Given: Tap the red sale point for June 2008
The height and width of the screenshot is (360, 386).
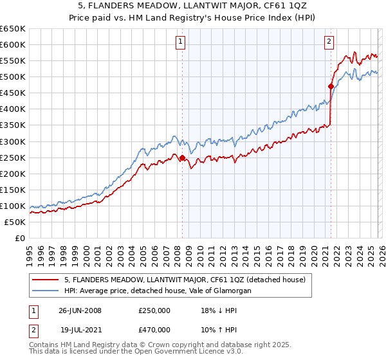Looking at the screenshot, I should [x=182, y=157].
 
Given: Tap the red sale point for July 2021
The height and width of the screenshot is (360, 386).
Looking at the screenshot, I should [x=331, y=86].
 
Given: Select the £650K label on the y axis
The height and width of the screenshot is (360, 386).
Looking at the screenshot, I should [x=14, y=29].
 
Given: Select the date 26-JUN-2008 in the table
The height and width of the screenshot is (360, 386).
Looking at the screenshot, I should [x=80, y=310].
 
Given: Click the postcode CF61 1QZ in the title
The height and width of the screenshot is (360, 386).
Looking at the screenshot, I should [x=248, y=7].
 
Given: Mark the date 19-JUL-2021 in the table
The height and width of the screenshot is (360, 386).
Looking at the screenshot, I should [x=80, y=330].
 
